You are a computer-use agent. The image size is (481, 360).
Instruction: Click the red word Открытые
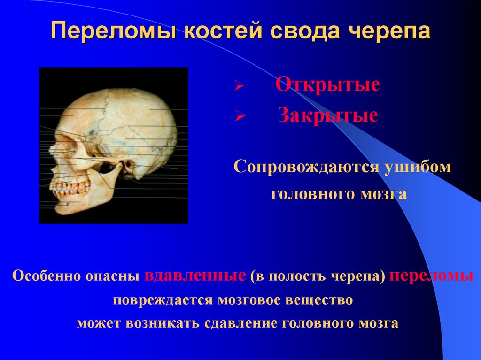[327, 85]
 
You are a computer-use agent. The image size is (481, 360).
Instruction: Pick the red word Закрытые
[327, 115]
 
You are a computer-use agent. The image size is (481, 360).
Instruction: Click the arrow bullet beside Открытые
[238, 87]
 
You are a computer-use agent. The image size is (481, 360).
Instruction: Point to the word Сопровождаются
[305, 168]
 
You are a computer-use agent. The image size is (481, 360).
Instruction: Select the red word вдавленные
[195, 276]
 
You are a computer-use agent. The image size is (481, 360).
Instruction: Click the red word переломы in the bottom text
[431, 276]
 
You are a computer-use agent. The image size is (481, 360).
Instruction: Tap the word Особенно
[46, 276]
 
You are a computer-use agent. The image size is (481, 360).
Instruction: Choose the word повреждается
[162, 299]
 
